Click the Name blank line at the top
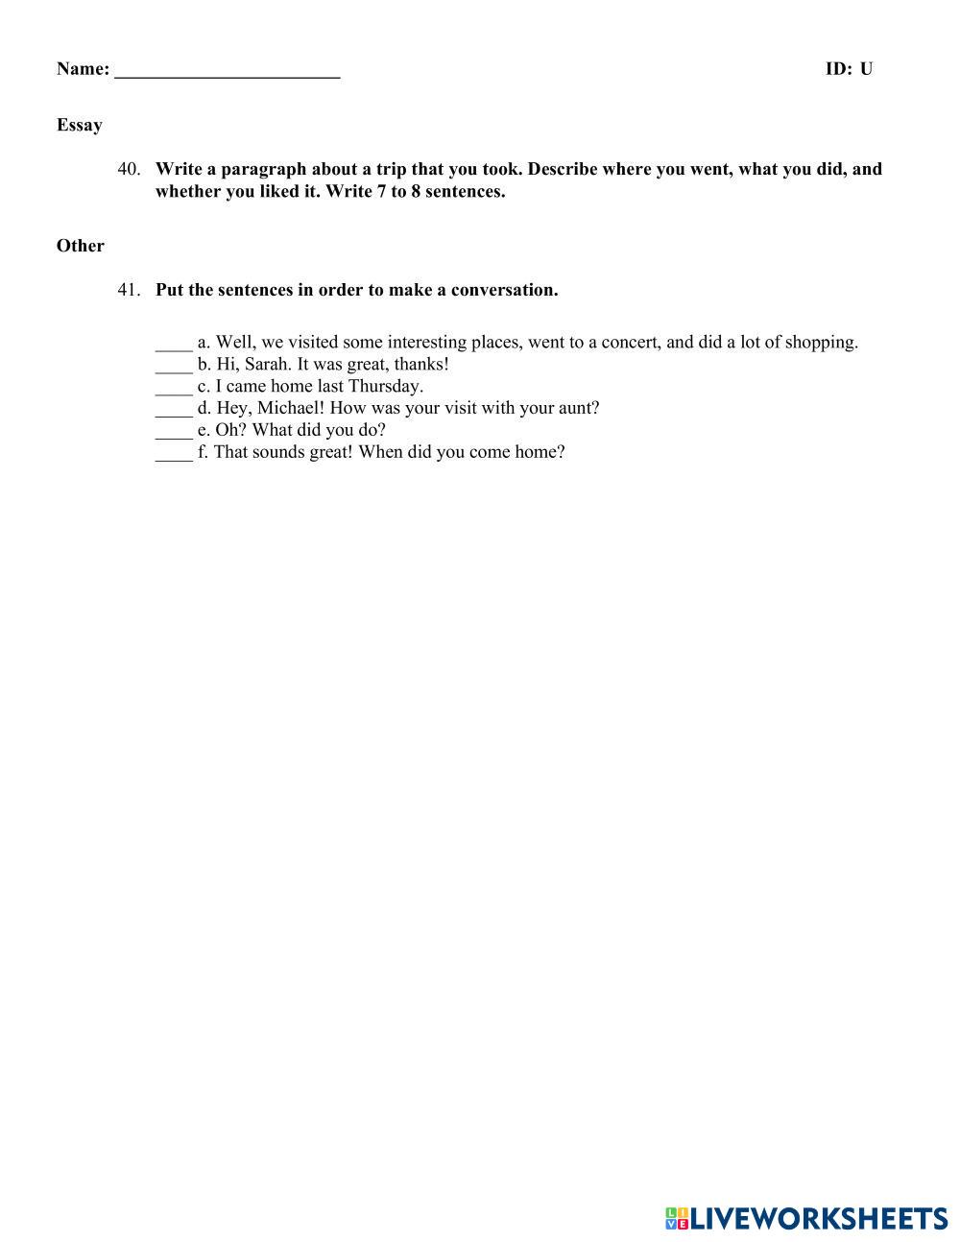[228, 71]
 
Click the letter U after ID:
[866, 69]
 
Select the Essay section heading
[80, 125]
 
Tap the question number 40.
[130, 169]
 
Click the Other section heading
[81, 246]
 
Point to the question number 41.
[130, 290]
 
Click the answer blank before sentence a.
[174, 344]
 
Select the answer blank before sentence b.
[174, 366]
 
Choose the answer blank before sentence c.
[174, 388]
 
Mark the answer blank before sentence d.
[174, 410]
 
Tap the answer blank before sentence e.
[174, 432]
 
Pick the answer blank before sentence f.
[174, 454]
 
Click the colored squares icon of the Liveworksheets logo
[677, 1218]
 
